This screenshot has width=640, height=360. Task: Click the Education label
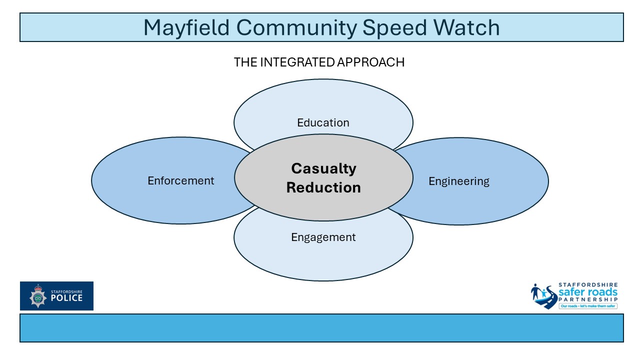point(323,122)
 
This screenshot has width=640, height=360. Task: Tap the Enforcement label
point(180,180)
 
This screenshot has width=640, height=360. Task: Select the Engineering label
point(459,181)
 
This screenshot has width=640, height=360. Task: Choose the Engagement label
point(323,237)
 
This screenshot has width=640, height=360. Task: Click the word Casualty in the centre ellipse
point(323,168)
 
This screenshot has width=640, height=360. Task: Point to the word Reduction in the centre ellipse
point(323,187)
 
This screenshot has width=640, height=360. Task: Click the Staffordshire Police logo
point(56,296)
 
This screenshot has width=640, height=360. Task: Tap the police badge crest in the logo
point(37,296)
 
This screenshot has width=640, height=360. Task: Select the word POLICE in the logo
point(66,298)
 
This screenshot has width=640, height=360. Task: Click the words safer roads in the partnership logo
point(588,292)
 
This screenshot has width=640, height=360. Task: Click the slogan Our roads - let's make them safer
point(588,305)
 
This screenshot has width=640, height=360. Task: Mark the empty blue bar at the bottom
point(321,328)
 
